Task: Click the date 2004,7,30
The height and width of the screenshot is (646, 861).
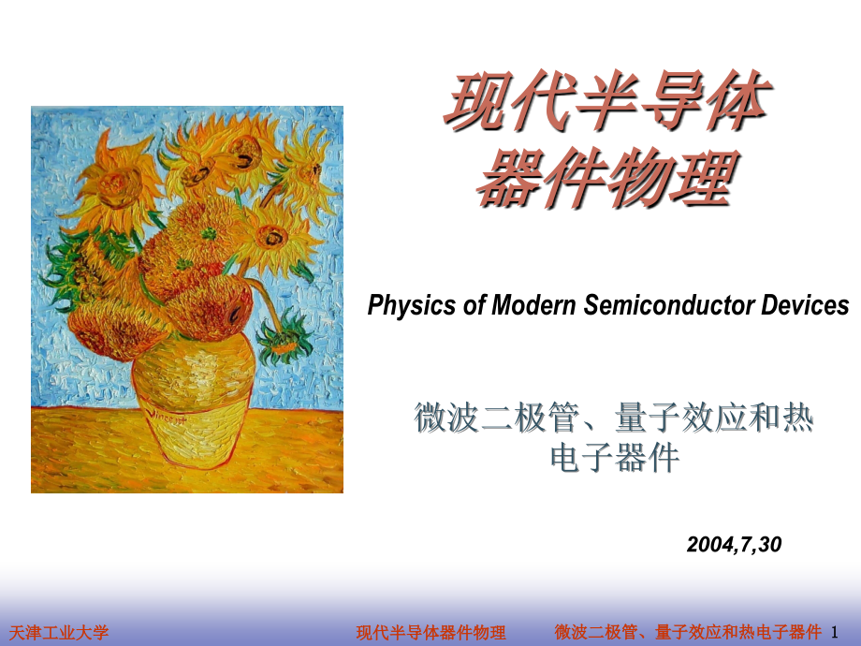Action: click(733, 544)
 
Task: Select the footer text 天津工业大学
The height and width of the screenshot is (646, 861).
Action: click(58, 633)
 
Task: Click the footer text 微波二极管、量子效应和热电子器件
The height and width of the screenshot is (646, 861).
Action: click(688, 633)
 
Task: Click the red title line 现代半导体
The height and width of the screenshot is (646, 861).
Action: click(606, 105)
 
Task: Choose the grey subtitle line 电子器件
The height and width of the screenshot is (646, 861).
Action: click(613, 459)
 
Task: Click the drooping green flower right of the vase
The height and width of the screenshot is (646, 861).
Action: click(285, 338)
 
